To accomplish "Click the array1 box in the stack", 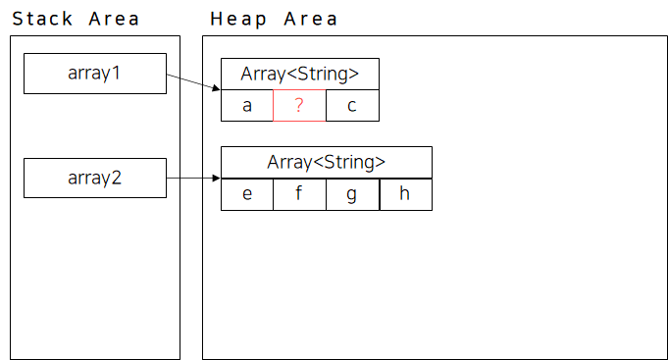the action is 95,74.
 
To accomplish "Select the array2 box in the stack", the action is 95,179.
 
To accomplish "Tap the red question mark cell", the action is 299,106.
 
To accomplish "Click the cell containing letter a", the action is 247,106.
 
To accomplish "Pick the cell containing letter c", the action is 352,106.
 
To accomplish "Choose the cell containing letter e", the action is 247,194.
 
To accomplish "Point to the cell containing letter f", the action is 299,194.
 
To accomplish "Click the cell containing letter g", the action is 353,194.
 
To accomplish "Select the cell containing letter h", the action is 406,194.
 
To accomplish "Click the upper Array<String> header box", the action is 300,75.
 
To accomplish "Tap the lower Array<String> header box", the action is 327,162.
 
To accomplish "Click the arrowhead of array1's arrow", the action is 217,88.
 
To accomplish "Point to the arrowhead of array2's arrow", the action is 217,179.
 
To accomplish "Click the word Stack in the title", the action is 42,19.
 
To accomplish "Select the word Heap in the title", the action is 238,20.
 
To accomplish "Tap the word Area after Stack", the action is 114,19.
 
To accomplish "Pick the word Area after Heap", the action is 311,19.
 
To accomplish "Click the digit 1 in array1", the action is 116,73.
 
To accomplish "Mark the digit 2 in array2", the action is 116,178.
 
